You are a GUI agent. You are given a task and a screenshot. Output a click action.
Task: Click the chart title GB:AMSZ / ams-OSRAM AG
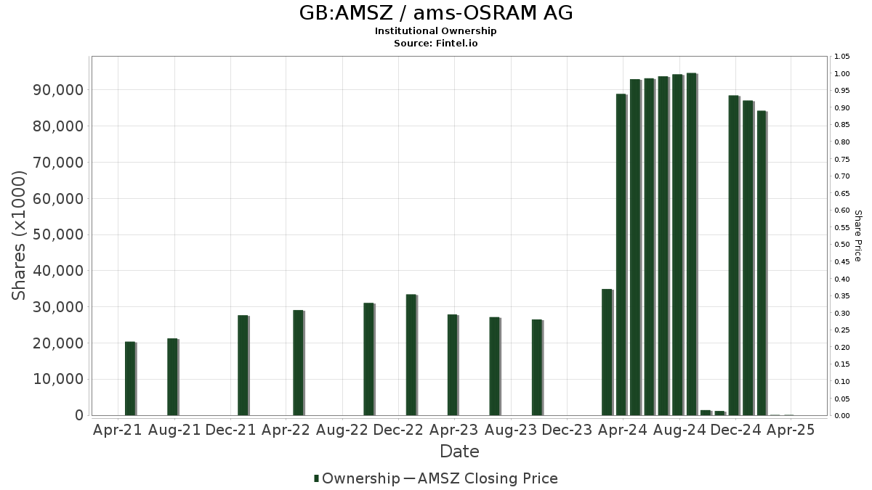pos(435,13)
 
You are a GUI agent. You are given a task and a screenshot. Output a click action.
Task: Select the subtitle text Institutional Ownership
pos(435,31)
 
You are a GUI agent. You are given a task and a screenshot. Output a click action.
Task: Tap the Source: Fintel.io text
pos(435,44)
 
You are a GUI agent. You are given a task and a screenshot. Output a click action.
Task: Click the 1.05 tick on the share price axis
pos(842,57)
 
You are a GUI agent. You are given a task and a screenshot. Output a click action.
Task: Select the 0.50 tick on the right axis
pos(842,245)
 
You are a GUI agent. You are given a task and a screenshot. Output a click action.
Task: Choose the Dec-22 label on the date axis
pos(397,430)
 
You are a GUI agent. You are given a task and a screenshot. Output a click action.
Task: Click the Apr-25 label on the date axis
pos(791,430)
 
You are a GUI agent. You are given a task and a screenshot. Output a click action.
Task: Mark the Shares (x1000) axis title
pos(20,234)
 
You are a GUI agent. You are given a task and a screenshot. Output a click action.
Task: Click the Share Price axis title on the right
pos(857,236)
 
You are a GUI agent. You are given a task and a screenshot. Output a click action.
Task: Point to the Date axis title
pos(459,452)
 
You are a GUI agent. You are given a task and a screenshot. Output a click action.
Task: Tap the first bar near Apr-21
pos(130,378)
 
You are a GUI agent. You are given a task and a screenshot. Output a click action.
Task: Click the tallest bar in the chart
pos(691,244)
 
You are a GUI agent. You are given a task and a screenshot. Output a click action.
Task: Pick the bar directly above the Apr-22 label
pos(298,363)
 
